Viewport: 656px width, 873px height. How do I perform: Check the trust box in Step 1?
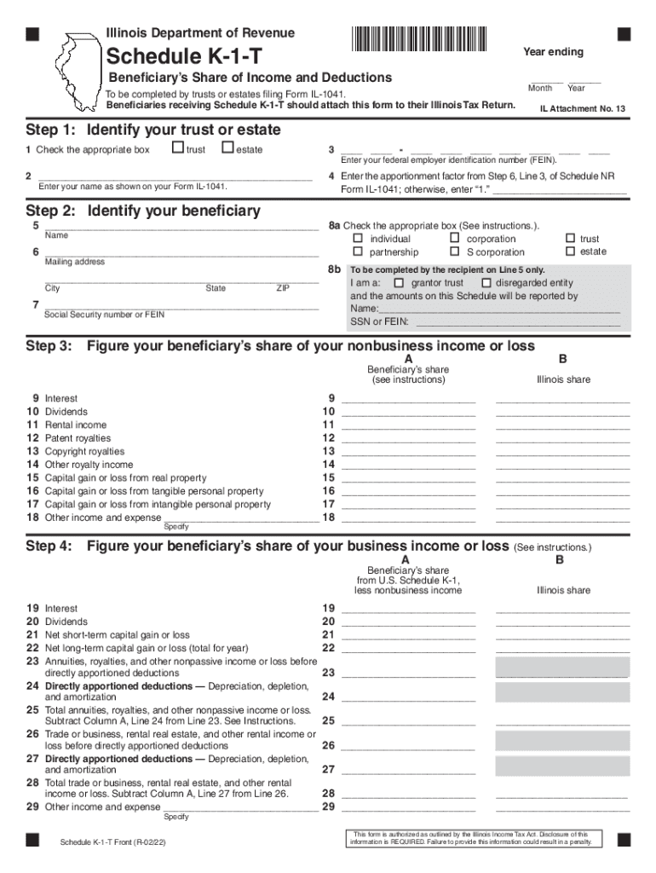point(177,149)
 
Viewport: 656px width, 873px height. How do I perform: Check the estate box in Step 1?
point(227,149)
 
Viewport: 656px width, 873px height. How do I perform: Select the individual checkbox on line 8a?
point(358,239)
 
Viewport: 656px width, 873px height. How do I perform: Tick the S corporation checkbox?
point(455,251)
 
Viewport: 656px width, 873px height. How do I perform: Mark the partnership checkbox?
point(358,251)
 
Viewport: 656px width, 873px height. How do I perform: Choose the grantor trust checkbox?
point(399,282)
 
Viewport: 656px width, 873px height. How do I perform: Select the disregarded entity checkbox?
point(486,282)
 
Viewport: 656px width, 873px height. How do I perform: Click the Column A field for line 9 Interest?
point(408,397)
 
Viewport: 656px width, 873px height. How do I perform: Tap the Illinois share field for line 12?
point(562,437)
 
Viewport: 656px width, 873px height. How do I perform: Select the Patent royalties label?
point(78,438)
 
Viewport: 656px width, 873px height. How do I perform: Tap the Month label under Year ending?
point(540,89)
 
